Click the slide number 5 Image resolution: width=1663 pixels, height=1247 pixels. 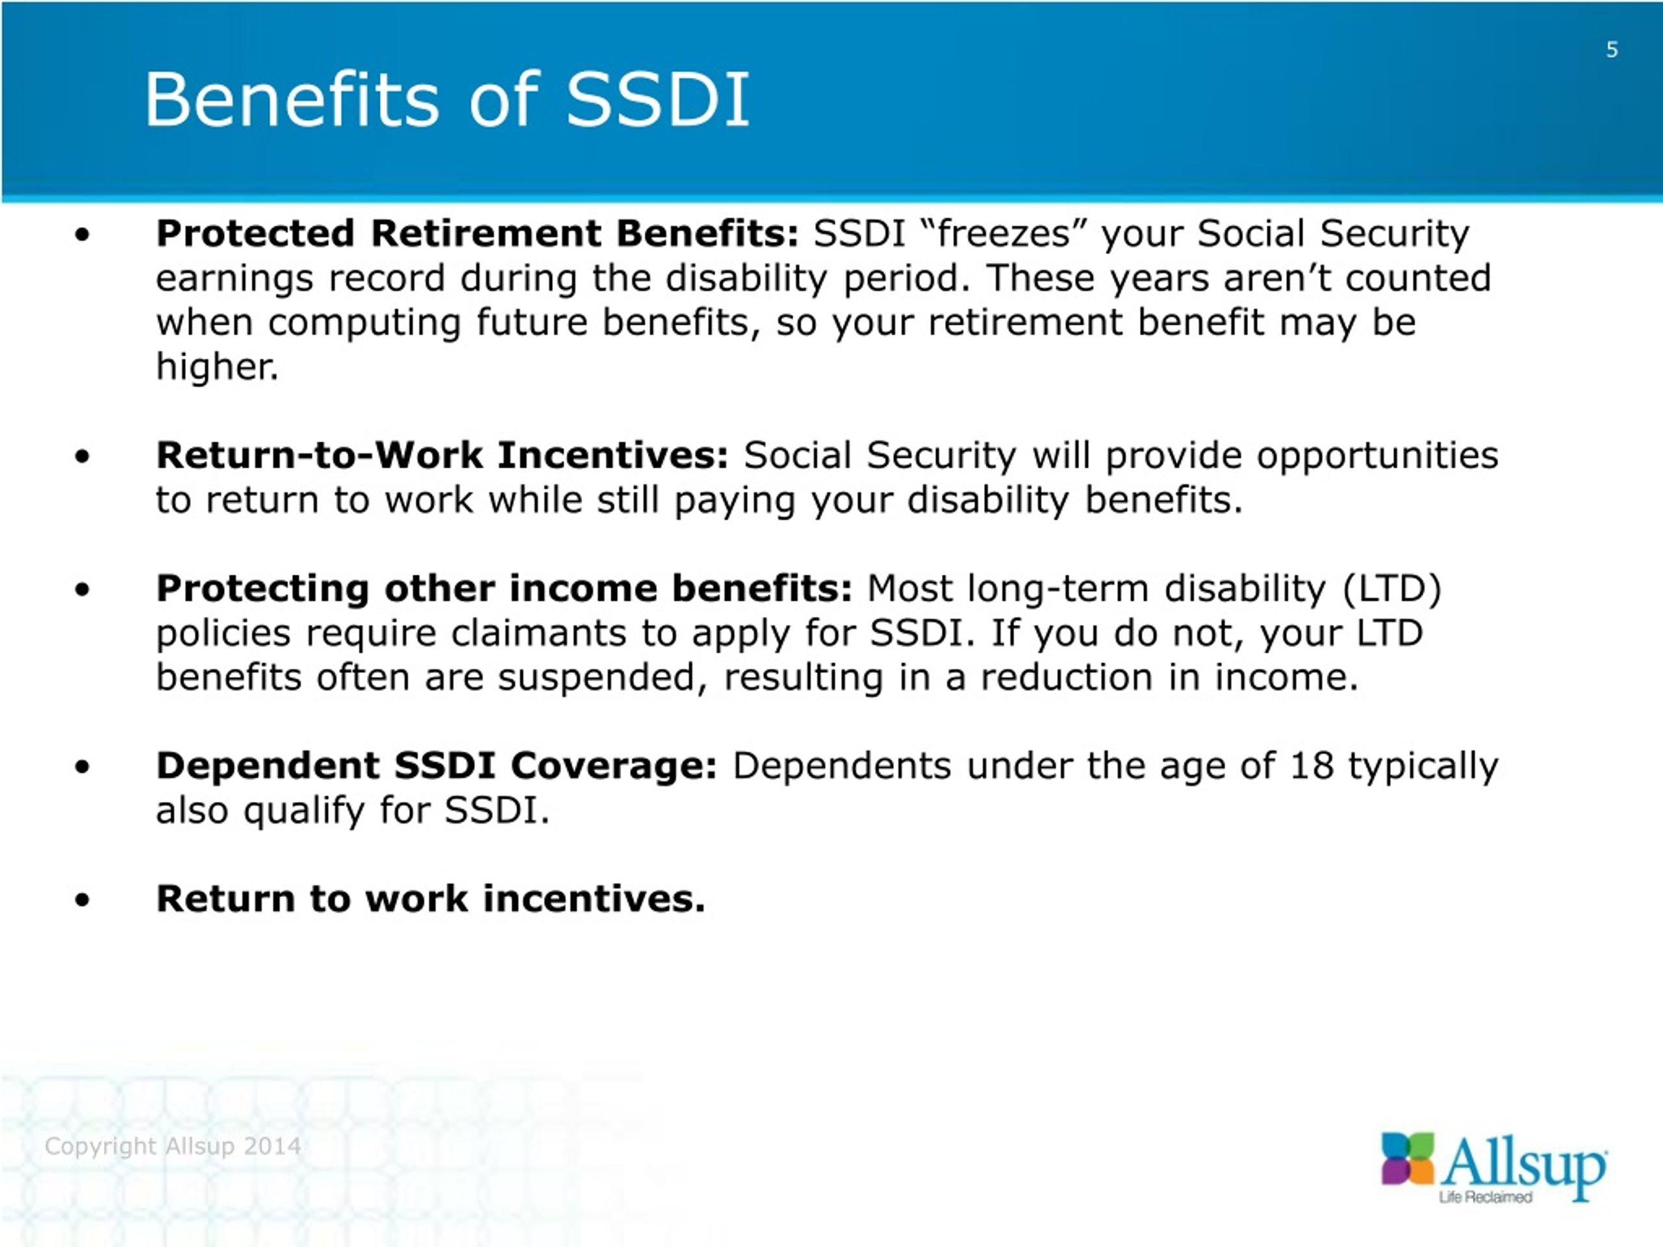click(1611, 51)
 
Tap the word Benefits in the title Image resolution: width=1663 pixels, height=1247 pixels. click(291, 99)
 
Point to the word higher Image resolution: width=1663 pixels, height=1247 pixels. click(217, 367)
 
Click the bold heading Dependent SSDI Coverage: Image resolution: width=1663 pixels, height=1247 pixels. click(437, 766)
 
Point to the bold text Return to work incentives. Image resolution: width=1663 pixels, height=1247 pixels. click(431, 899)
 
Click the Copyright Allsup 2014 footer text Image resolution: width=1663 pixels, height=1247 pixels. click(173, 1146)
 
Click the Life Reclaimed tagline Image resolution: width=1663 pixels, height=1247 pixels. click(1486, 1198)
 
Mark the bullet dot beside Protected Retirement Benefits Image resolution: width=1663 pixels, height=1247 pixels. click(82, 234)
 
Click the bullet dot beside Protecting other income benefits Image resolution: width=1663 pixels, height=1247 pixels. click(82, 590)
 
